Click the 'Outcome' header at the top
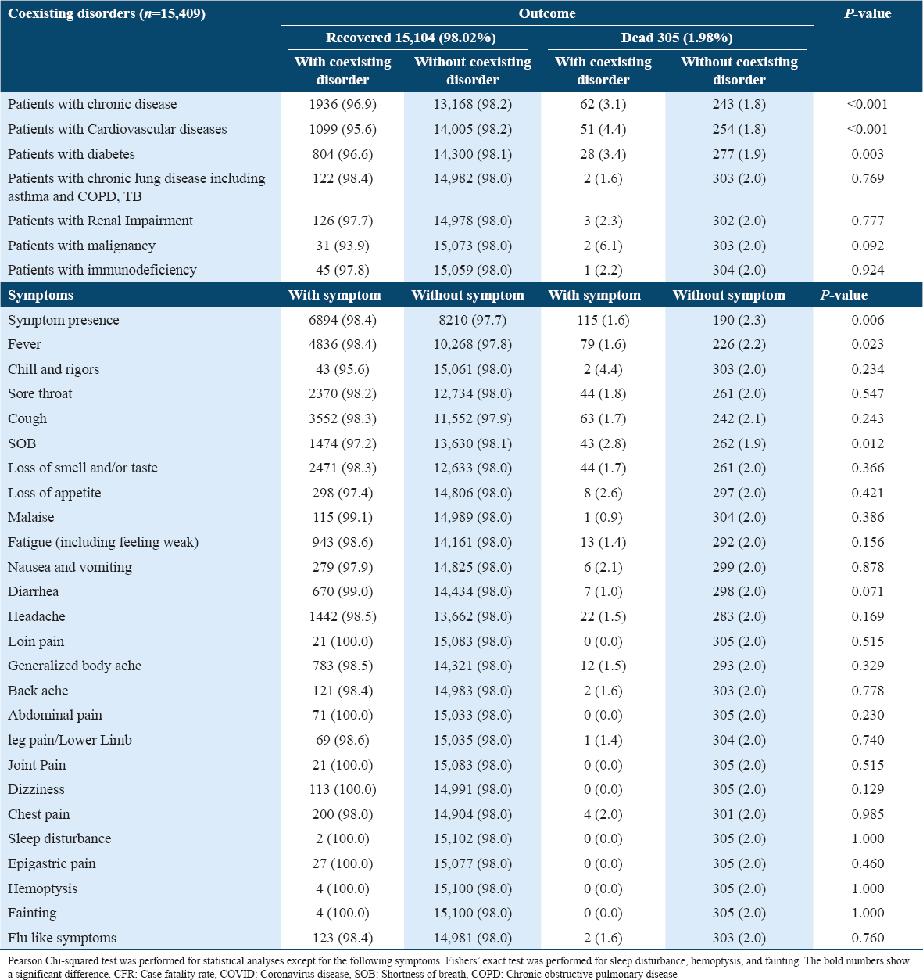coord(546,13)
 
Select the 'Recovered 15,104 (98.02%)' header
coord(410,38)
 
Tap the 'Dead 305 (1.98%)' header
coord(676,38)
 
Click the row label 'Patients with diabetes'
coord(71,154)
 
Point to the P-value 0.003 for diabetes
coord(868,154)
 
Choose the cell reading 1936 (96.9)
coord(342,104)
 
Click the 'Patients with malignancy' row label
coord(81,246)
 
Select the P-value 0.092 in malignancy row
coord(868,246)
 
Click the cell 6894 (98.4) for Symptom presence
coord(342,320)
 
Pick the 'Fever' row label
coord(24,344)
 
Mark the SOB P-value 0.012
coord(868,443)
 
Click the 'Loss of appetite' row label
coord(54,493)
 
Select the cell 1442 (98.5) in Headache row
coord(342,616)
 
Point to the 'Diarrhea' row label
coord(33,591)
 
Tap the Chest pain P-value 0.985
coord(868,814)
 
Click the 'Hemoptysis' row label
coord(42,888)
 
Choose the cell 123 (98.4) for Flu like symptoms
coord(342,938)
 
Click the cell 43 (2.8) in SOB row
coord(603,443)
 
